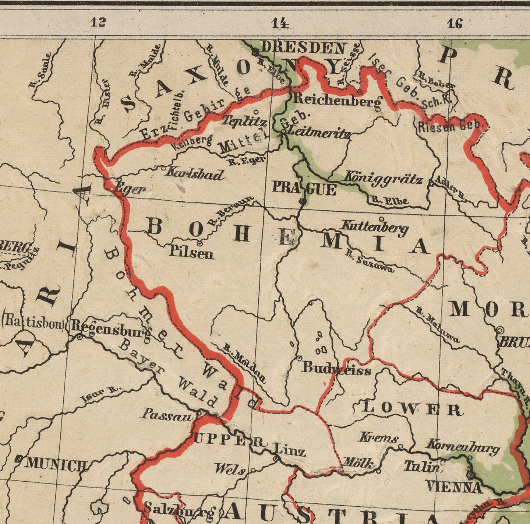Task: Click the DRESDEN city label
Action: pos(304,48)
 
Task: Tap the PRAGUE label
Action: pos(304,189)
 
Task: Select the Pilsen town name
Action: pos(191,253)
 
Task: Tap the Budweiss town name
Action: pos(336,368)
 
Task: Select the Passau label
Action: pos(167,415)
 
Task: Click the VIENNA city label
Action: pos(453,487)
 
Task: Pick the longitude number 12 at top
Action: pos(98,23)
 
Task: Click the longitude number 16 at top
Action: pos(455,24)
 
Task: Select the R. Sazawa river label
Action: pos(369,261)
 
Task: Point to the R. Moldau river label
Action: pos(244,363)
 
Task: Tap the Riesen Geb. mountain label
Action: pos(450,126)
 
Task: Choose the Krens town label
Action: pos(378,438)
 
